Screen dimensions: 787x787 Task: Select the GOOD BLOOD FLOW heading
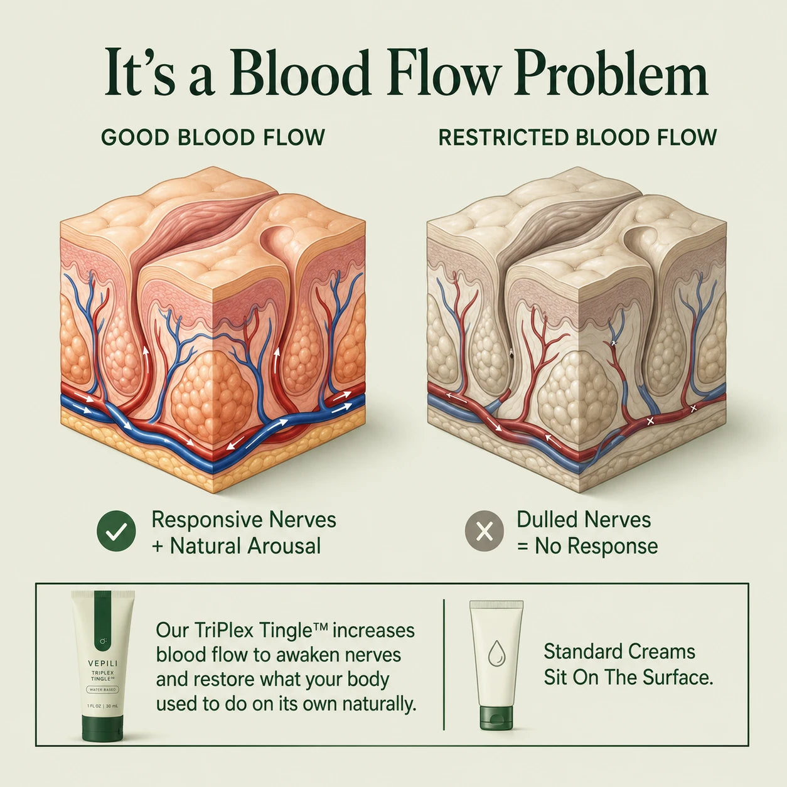click(213, 137)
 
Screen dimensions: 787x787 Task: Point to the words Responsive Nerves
click(244, 520)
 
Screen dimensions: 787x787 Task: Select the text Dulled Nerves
click(584, 520)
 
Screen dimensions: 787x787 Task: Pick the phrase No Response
click(596, 547)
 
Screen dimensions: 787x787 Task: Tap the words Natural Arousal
click(245, 546)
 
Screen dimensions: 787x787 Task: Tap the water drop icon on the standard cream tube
click(496, 652)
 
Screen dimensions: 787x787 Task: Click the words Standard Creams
click(619, 651)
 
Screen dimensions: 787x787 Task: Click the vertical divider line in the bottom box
click(444, 665)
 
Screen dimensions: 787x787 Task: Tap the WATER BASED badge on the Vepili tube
click(102, 690)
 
